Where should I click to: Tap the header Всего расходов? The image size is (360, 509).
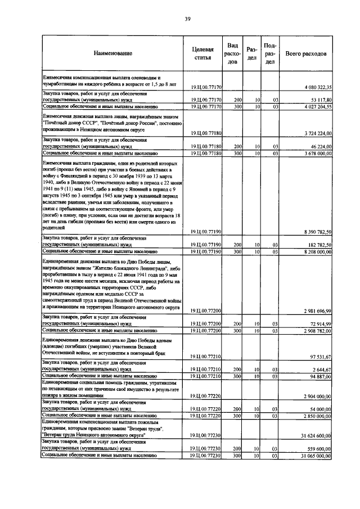[305, 53]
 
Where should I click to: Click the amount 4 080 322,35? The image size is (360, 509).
[318, 87]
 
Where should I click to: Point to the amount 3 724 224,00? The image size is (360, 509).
[318, 133]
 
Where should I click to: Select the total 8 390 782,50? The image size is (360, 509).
[318, 232]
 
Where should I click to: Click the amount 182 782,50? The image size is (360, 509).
[321, 244]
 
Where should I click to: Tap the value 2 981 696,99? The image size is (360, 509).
[318, 310]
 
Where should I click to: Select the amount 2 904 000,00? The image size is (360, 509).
[318, 396]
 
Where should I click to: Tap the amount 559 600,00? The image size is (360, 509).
[321, 448]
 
